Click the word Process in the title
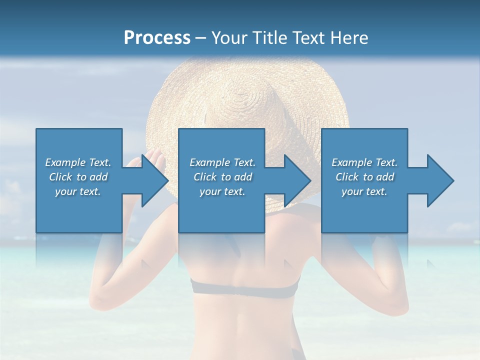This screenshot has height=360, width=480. [x=157, y=38]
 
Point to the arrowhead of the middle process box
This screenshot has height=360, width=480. [x=296, y=180]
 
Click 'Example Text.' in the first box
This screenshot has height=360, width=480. [x=78, y=162]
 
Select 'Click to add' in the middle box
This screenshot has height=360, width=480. [x=222, y=177]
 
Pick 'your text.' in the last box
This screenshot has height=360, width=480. [x=364, y=191]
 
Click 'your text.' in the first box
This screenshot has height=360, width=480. [x=78, y=191]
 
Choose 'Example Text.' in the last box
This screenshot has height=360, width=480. [x=364, y=162]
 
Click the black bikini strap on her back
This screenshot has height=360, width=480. [x=245, y=287]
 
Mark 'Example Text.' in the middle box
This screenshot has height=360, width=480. [x=222, y=162]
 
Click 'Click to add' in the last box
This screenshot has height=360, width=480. [x=364, y=177]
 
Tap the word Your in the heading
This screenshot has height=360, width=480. [x=228, y=38]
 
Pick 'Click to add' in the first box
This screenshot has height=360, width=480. [x=78, y=177]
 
